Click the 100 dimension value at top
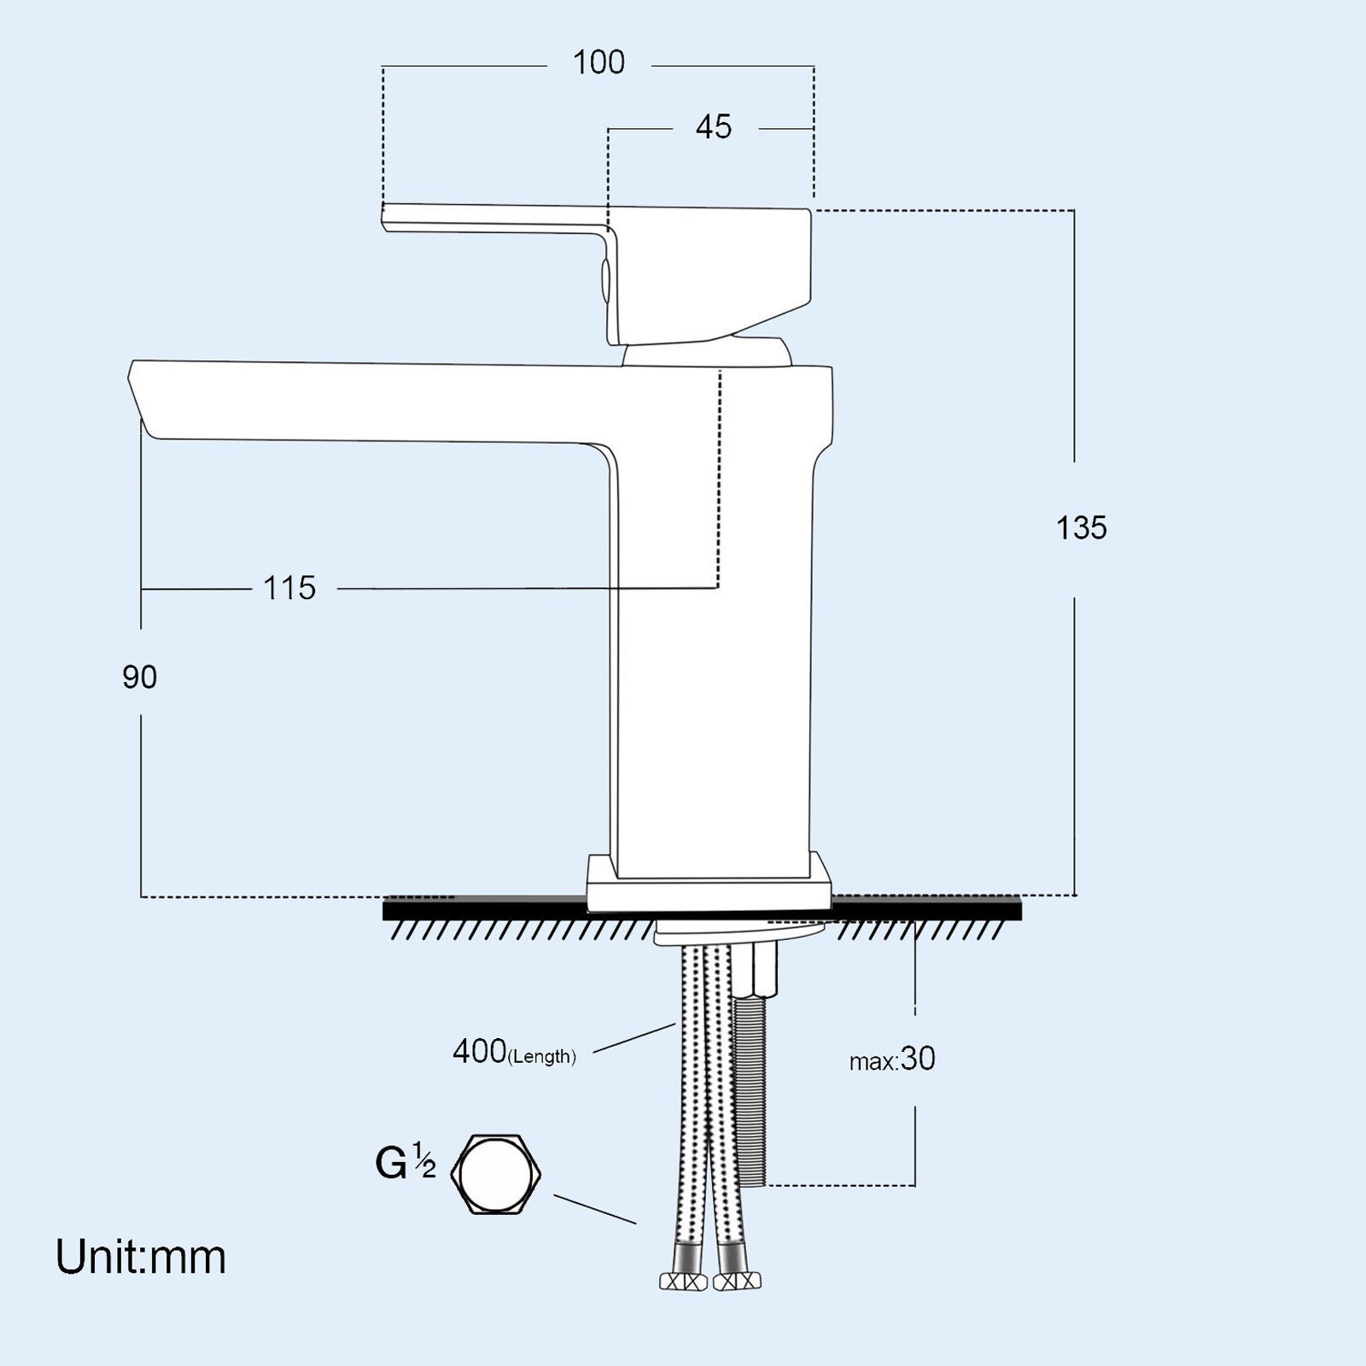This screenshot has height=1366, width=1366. pyautogui.click(x=598, y=62)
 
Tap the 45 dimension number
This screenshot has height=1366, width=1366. pyautogui.click(x=714, y=127)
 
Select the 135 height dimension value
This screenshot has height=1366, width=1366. pyautogui.click(x=1082, y=528)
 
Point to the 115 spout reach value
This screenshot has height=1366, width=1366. pyautogui.click(x=289, y=588)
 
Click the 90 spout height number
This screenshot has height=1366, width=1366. pyautogui.click(x=140, y=677)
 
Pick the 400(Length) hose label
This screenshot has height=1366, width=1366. pyautogui.click(x=514, y=1053)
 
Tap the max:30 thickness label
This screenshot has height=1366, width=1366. pyautogui.click(x=892, y=1060)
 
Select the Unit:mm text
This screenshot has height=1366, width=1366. pyautogui.click(x=141, y=1258)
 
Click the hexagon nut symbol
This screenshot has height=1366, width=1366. pyautogui.click(x=497, y=1174)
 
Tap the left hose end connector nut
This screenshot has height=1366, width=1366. pyautogui.click(x=683, y=1281)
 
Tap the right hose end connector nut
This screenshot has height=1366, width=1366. pyautogui.click(x=737, y=1280)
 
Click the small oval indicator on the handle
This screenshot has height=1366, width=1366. pyautogui.click(x=605, y=281)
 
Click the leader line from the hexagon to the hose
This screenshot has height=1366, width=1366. pyautogui.click(x=595, y=1209)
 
